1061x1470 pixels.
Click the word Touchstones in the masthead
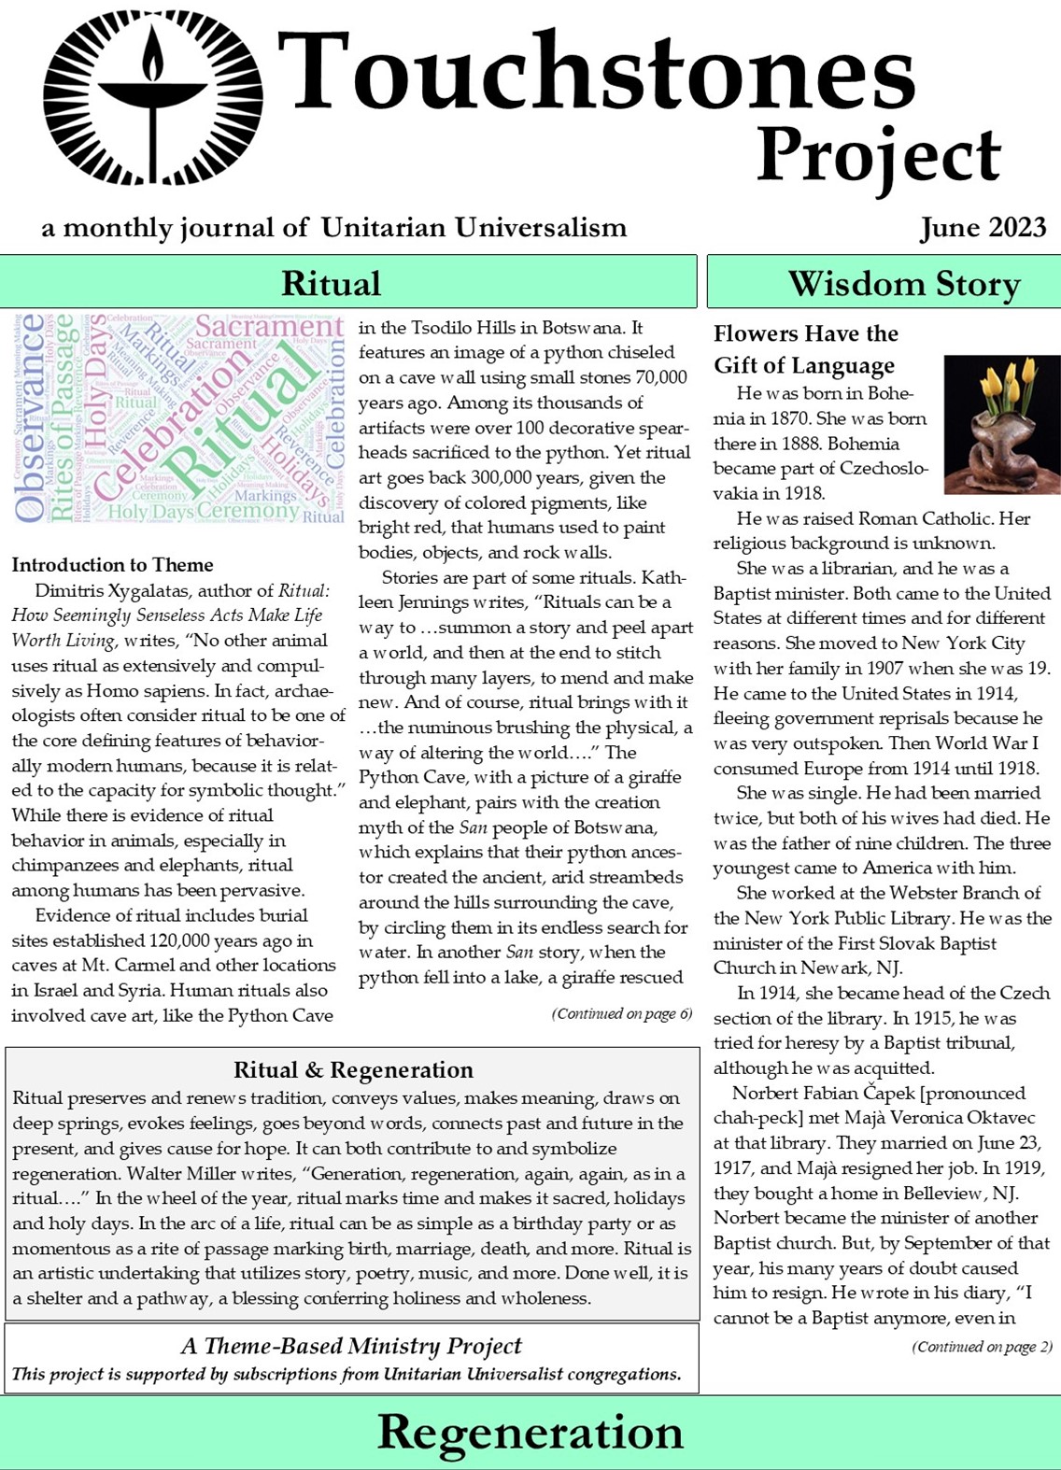[596, 73]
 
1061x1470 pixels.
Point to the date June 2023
[982, 228]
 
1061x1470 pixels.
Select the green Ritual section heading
[331, 282]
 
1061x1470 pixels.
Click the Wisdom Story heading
[903, 283]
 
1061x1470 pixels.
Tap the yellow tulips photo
[1001, 424]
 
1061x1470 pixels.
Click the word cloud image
[178, 417]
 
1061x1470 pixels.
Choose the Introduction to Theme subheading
[112, 565]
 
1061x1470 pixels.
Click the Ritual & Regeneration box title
[353, 1070]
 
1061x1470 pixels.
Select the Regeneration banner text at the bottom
[530, 1432]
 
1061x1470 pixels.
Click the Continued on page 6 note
[621, 1014]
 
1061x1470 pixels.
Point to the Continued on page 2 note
[982, 1347]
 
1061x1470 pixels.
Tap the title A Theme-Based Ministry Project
[351, 1346]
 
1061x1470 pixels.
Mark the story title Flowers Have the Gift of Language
[804, 349]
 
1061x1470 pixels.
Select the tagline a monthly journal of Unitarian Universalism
[333, 228]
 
